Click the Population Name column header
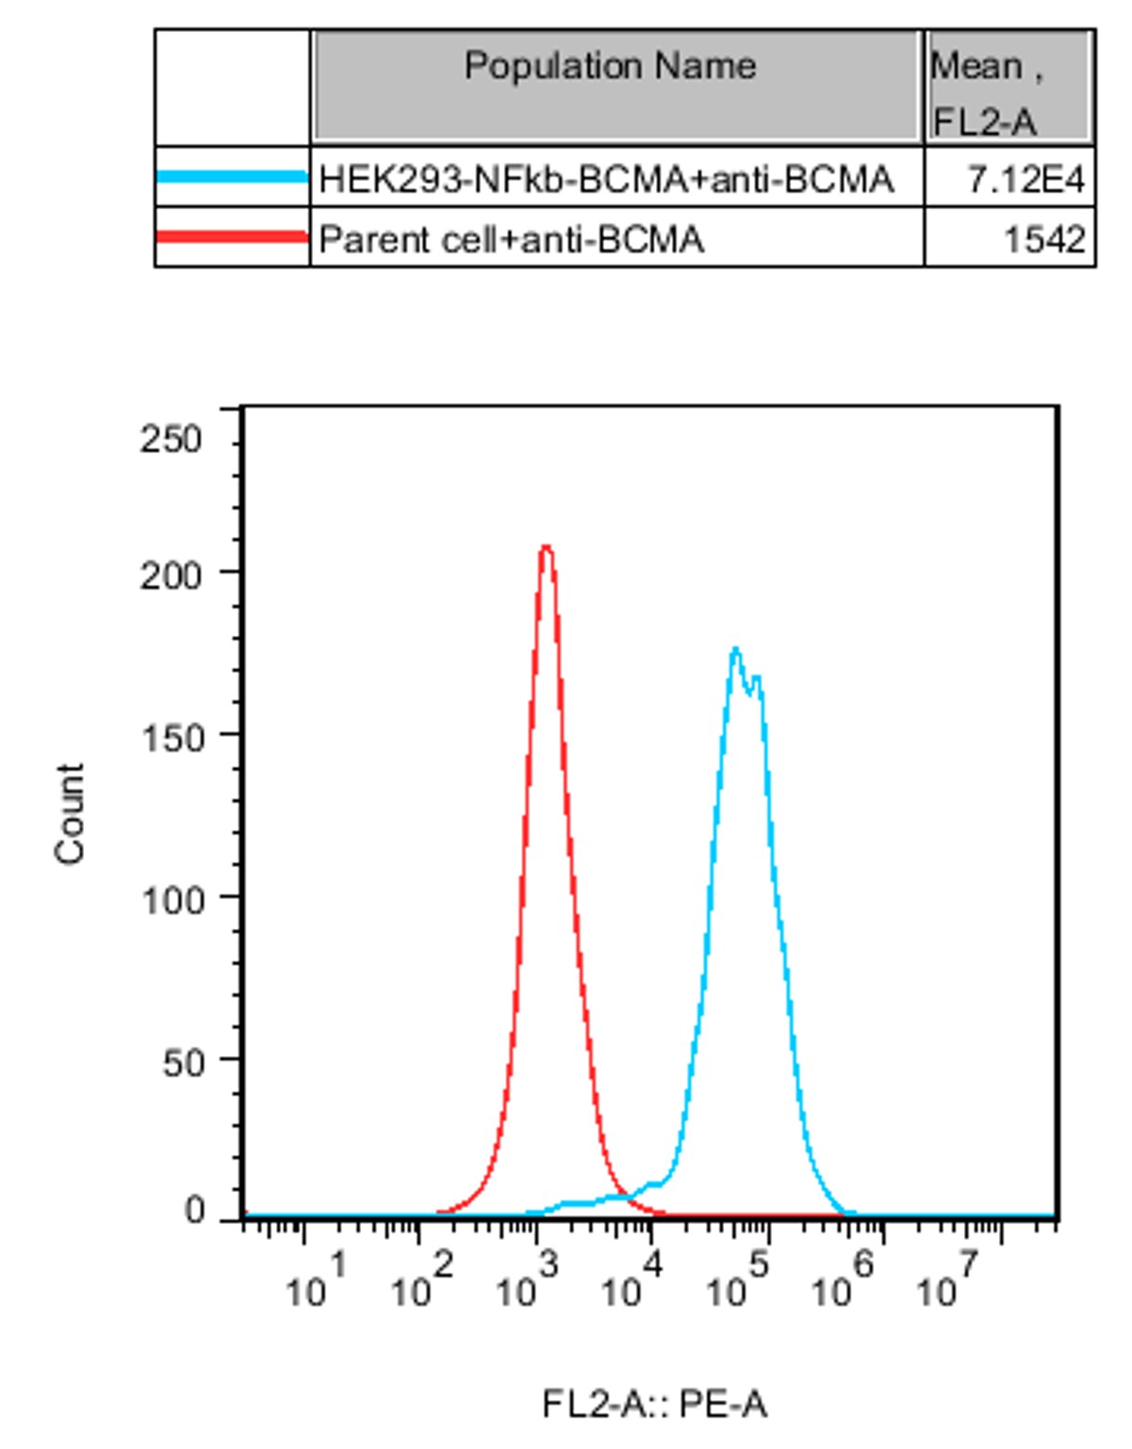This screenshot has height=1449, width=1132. [x=610, y=67]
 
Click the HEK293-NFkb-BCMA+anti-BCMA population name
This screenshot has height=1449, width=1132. [x=606, y=179]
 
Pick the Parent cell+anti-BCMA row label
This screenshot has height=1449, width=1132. [x=512, y=239]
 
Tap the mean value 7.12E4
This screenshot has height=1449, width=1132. [x=1025, y=179]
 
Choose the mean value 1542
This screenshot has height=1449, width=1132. [x=1043, y=239]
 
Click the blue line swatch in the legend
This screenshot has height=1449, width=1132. [x=232, y=176]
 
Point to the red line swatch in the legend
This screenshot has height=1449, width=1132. [x=232, y=236]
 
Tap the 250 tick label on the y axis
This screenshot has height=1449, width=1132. [x=171, y=439]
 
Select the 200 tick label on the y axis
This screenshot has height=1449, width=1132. [x=171, y=575]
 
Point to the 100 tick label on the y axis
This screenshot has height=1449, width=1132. [x=172, y=901]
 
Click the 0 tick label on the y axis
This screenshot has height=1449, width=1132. [x=194, y=1210]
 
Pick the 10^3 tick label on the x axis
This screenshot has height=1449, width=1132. [x=528, y=1281]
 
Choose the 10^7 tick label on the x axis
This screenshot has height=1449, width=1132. [x=948, y=1281]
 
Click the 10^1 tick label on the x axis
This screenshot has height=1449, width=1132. [x=317, y=1281]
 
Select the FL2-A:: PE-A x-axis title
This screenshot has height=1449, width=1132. [x=654, y=1405]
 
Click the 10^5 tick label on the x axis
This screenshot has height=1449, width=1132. [x=738, y=1281]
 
